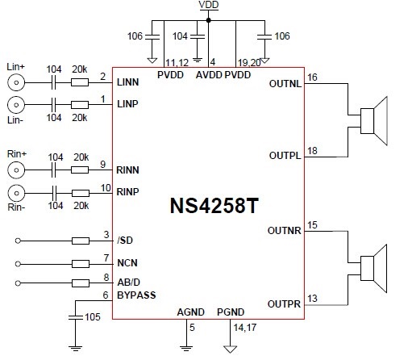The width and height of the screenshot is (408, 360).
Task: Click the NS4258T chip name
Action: click(x=214, y=206)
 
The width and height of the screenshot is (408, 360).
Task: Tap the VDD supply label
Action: click(x=209, y=5)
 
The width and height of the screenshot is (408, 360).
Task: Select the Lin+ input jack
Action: click(x=16, y=82)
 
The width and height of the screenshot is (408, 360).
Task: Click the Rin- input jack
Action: click(x=16, y=193)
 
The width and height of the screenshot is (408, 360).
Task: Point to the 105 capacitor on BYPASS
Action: click(x=76, y=317)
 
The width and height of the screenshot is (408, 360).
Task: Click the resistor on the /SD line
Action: click(x=81, y=241)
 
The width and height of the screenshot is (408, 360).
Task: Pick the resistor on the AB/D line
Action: click(x=81, y=283)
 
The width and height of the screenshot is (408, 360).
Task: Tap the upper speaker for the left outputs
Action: click(x=374, y=121)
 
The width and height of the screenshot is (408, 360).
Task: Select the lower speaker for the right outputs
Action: click(x=373, y=269)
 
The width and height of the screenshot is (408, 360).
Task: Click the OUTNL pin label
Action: click(x=285, y=84)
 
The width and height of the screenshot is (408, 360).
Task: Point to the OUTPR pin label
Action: click(x=284, y=304)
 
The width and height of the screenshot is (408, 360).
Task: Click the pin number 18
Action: click(x=312, y=151)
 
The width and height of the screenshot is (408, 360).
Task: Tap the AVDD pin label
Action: click(x=209, y=75)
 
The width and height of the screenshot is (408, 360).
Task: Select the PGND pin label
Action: click(x=231, y=312)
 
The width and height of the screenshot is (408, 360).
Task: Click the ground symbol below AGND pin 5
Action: click(x=186, y=349)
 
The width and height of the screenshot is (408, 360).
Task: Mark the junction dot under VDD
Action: click(x=208, y=20)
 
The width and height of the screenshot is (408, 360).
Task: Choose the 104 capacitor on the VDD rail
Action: click(x=198, y=36)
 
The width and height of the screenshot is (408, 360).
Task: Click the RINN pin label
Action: click(x=127, y=170)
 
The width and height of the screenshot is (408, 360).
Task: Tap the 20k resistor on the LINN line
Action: click(x=80, y=82)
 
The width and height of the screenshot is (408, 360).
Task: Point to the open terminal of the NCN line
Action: click(x=18, y=264)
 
